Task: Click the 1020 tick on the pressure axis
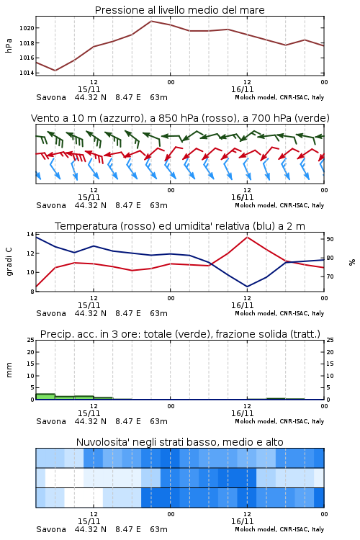point(27,28)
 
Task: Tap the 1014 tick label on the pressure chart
point(27,73)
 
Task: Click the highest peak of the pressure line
point(151,21)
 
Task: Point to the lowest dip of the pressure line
point(55,71)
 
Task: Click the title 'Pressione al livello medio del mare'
point(180,10)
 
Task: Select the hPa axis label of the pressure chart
point(9,45)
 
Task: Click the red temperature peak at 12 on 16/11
point(247,237)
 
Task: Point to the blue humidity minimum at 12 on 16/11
point(247,287)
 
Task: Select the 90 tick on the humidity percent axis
point(330,239)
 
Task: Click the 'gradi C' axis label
point(9,262)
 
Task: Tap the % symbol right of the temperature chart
point(352,262)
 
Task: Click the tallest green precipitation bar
point(45,397)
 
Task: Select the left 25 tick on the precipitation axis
point(31,341)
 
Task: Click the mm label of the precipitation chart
point(9,370)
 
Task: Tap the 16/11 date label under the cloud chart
point(242,521)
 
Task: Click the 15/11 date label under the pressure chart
point(89,89)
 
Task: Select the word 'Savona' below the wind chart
point(51,205)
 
